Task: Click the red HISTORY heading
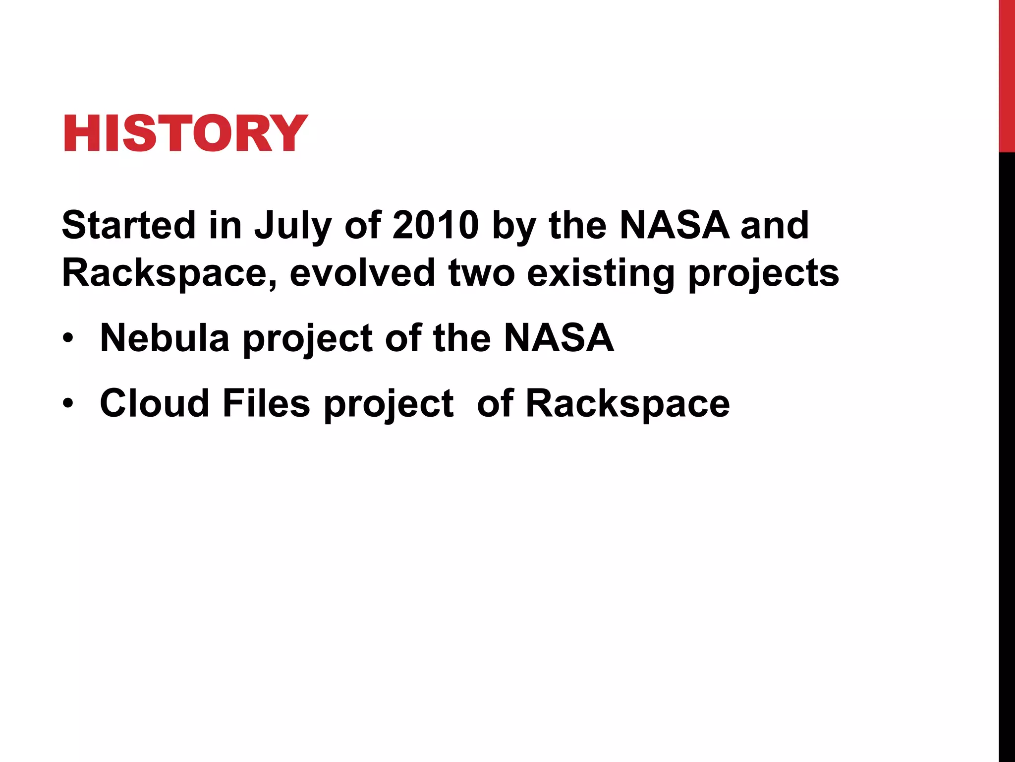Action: (x=185, y=133)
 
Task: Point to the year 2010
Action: (x=436, y=225)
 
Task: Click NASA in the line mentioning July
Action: (x=674, y=225)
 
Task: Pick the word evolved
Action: (x=362, y=273)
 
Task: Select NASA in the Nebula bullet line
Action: (x=559, y=338)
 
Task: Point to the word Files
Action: (x=266, y=403)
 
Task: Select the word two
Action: (x=481, y=273)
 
